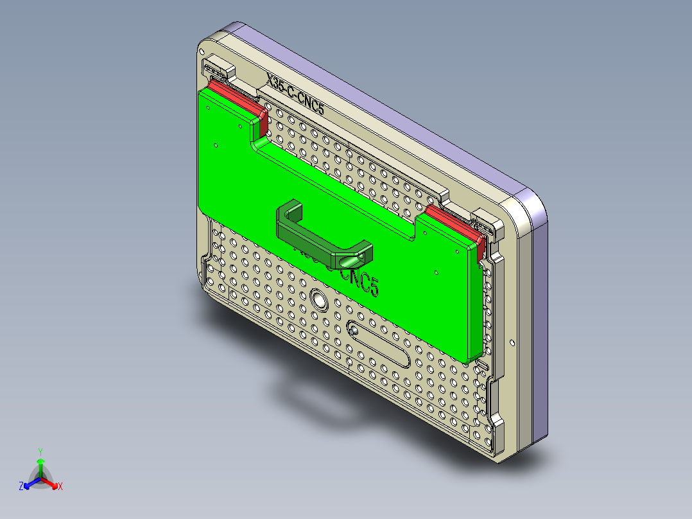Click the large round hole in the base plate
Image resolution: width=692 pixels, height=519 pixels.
tap(318, 299)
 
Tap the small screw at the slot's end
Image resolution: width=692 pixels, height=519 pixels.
tap(354, 330)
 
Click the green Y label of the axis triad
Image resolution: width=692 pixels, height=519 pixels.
tap(40, 452)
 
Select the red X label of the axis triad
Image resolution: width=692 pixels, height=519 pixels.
tap(60, 486)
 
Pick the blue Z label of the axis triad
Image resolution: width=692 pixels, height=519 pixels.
tap(21, 486)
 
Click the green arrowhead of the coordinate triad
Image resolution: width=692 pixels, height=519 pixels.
tap(40, 461)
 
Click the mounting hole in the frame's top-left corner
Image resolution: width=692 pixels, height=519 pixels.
tap(202, 49)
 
